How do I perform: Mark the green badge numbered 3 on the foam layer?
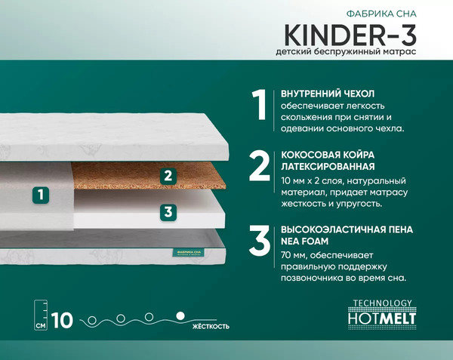[x=168, y=212]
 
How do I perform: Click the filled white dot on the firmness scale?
[x=180, y=315]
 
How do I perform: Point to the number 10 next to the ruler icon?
[x=63, y=320]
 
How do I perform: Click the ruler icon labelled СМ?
[x=42, y=316]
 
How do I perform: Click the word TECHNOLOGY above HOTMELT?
[x=384, y=303]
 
